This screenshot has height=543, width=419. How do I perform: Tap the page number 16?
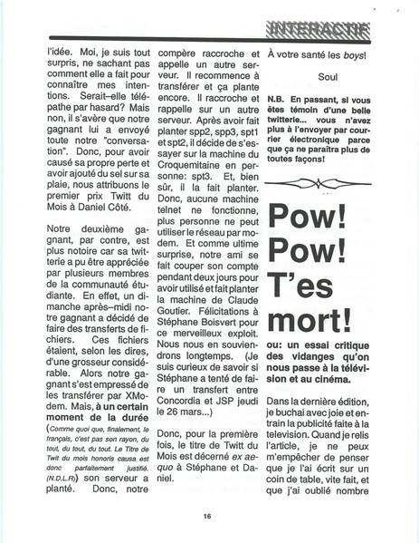208,517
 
